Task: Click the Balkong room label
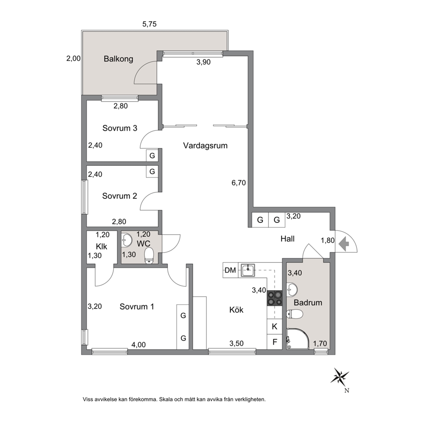[x=118, y=59]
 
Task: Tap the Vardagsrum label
[x=205, y=145]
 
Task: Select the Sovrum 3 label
[x=120, y=128]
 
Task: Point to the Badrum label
[x=308, y=303]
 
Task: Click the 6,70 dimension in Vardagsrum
[x=239, y=183]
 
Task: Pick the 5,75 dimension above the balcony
[x=150, y=24]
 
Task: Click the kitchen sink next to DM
[x=248, y=270]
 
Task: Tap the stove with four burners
[x=275, y=298]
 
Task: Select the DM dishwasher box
[x=230, y=270]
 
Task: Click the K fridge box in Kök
[x=275, y=327]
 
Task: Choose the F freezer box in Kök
[x=275, y=342]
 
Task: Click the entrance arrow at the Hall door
[x=344, y=244]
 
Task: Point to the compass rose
[x=340, y=376]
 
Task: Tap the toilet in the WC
[x=149, y=256]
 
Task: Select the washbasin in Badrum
[x=292, y=290]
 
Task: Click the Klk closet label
[x=101, y=246]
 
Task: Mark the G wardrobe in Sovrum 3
[x=152, y=156]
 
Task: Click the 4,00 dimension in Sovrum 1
[x=138, y=345]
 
